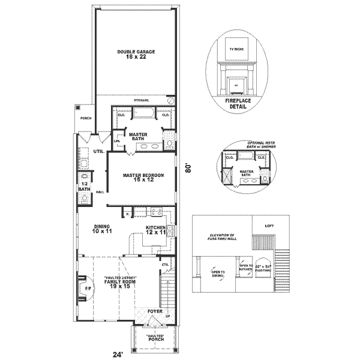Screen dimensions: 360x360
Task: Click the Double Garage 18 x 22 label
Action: (136, 55)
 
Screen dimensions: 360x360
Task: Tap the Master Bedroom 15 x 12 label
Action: (143, 178)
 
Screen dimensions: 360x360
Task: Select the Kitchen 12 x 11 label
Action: (156, 230)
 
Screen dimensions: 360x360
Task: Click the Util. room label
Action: (98, 152)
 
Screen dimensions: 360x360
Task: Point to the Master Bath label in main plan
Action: (139, 137)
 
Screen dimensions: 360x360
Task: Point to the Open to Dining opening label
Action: (218, 274)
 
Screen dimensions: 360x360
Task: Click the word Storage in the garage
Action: (141, 100)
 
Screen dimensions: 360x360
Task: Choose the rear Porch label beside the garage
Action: (85, 119)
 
